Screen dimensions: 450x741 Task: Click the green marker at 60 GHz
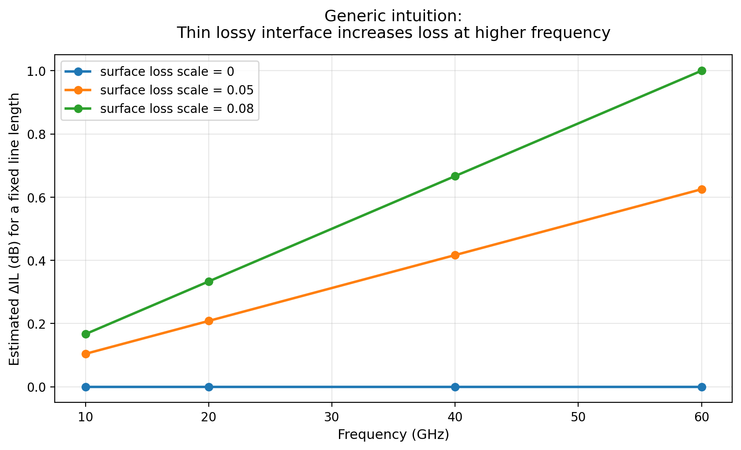[x=702, y=71]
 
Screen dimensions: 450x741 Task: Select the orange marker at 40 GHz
[x=455, y=255]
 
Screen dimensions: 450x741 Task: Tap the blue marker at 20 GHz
[x=209, y=387]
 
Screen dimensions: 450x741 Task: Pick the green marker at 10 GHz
[x=86, y=334]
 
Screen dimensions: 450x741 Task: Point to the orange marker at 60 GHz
[x=702, y=189]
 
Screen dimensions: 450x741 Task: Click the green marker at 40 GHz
[x=455, y=176]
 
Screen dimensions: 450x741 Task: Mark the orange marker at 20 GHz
[x=209, y=321]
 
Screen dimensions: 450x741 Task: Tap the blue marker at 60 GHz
[x=702, y=387]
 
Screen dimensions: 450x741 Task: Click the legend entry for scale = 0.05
[x=177, y=90]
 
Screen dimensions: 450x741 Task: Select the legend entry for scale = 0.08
[x=177, y=109]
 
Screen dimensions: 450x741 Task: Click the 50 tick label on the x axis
[x=578, y=417]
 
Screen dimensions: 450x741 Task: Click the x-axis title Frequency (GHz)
[x=393, y=435]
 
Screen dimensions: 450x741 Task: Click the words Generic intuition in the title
[x=393, y=16]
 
